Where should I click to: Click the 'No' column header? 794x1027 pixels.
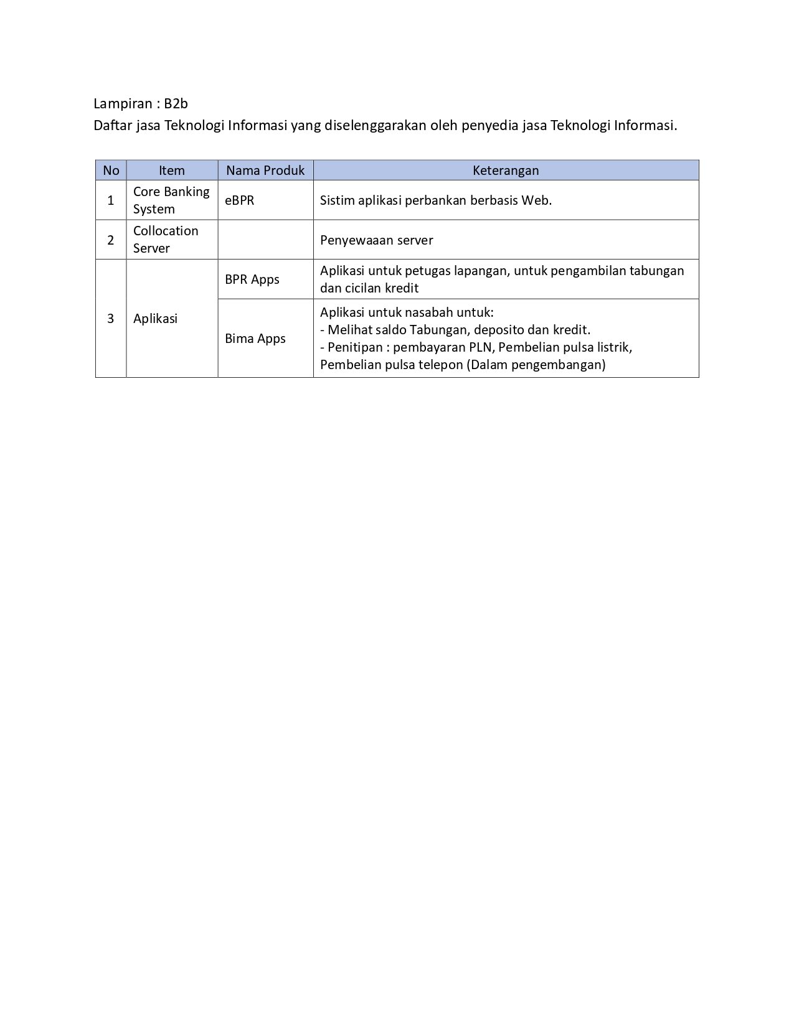[x=111, y=170]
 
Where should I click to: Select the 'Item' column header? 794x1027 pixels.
[x=172, y=170]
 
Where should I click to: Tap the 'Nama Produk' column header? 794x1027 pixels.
[x=265, y=170]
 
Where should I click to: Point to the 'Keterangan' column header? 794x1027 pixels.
[x=506, y=170]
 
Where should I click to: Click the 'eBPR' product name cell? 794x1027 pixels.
[x=240, y=200]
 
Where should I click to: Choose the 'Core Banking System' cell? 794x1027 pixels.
[x=171, y=200]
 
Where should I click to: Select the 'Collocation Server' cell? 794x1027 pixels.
[x=166, y=240]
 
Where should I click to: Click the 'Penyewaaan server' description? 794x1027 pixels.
[x=377, y=240]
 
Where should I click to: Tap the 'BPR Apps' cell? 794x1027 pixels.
[x=252, y=279]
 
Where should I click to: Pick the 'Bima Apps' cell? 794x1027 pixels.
[x=255, y=339]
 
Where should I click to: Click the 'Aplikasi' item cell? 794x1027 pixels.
[x=156, y=319]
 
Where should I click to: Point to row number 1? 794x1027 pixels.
[x=111, y=200]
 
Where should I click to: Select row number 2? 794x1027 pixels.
[x=111, y=240]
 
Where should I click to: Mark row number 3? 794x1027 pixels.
[x=111, y=319]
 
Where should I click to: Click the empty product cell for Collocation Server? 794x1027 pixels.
[x=265, y=240]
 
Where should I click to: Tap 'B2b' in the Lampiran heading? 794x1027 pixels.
[x=176, y=103]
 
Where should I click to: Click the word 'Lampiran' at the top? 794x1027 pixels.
[x=123, y=103]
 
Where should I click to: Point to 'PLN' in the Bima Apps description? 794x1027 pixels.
[x=480, y=347]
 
